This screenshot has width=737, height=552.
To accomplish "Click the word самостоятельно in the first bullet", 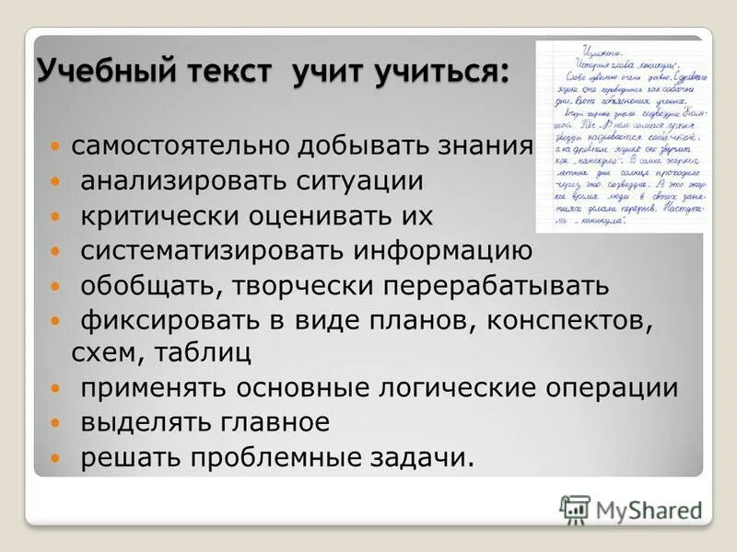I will (181, 146).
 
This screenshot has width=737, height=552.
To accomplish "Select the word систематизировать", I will (212, 251).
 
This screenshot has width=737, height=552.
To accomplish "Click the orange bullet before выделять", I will (57, 424).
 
